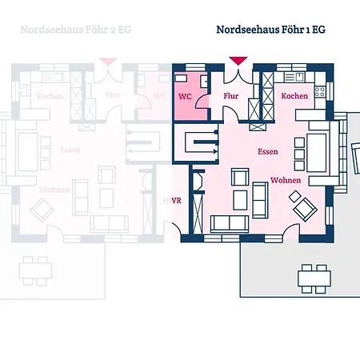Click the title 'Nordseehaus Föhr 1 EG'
pos(270,30)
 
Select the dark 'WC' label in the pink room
pos(185,96)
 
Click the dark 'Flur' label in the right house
pos(231,96)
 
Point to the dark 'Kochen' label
pos(294,96)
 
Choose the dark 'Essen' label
pos(267,150)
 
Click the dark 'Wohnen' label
pos(285,181)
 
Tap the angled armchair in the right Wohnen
pos(305,207)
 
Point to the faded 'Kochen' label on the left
pos(50,96)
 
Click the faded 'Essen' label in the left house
pos(70,150)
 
